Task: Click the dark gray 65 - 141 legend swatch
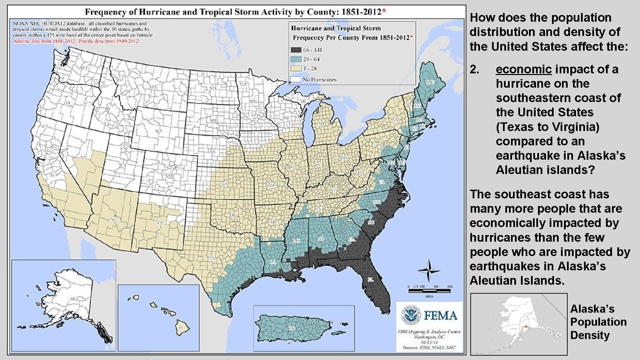click(296, 50)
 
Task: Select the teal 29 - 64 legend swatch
click(296, 59)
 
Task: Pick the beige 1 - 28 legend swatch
click(296, 69)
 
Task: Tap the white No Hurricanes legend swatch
click(296, 79)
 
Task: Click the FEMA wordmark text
click(440, 315)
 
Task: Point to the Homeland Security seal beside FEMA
click(411, 315)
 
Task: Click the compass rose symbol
click(429, 270)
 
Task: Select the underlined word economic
click(524, 69)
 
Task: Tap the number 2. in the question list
click(474, 69)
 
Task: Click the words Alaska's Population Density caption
click(598, 322)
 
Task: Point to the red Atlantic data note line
click(77, 42)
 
